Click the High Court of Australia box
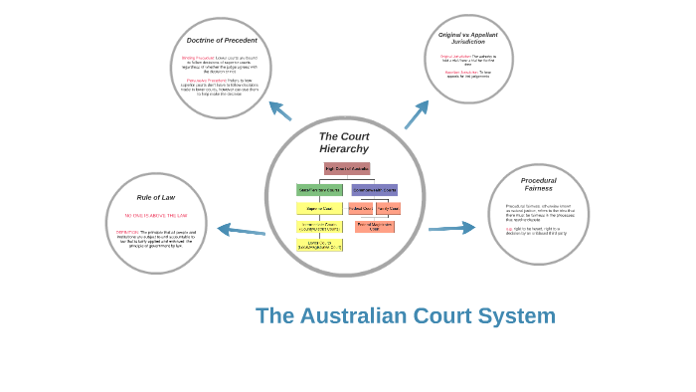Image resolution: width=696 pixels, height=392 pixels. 346,169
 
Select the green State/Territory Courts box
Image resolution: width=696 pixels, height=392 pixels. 319,189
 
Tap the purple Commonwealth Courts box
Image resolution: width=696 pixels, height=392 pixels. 374,189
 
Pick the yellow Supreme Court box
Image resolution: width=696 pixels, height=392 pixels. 319,209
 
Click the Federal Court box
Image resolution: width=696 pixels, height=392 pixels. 361,209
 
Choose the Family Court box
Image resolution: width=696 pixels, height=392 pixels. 388,209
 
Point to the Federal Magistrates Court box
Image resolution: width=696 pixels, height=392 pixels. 374,227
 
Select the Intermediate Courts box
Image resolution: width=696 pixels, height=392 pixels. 319,227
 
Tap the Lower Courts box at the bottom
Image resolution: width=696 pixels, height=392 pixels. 319,245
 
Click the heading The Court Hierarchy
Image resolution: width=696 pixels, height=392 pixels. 344,142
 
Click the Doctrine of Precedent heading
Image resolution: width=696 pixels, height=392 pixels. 222,41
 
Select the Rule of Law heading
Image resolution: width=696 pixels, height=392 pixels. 156,197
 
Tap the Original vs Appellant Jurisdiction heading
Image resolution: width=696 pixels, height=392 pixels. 468,38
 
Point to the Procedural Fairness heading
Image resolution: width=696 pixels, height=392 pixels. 538,184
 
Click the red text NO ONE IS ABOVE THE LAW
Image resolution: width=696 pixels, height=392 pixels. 156,216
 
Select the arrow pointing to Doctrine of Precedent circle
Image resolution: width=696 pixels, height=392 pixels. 279,110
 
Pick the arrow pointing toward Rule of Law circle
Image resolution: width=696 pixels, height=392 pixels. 241,231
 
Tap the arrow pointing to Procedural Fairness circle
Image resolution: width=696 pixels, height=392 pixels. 452,228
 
